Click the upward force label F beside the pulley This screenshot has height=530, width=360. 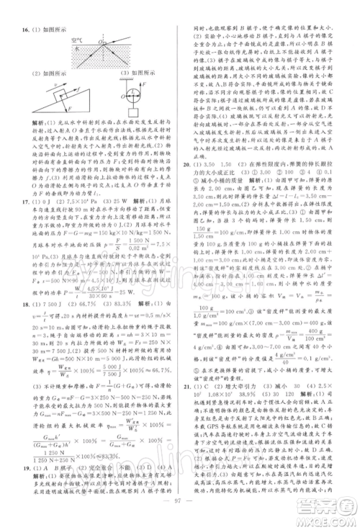141,87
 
